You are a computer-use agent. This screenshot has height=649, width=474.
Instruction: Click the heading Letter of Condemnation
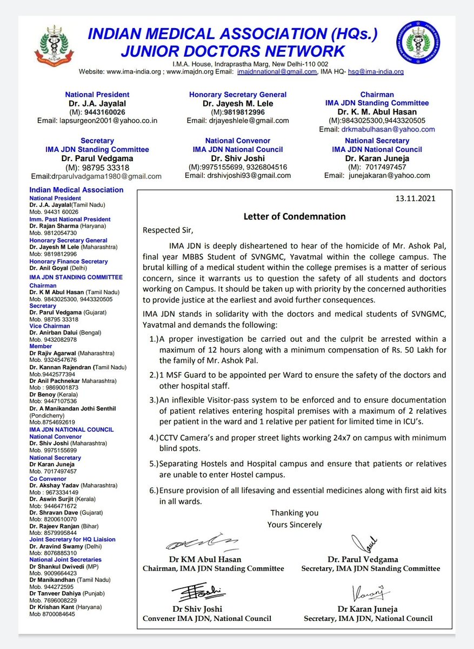[x=294, y=216]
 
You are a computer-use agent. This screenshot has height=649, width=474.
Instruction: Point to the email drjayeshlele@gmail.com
[x=238, y=121]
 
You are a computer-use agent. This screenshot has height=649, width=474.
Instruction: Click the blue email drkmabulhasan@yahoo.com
[x=377, y=129]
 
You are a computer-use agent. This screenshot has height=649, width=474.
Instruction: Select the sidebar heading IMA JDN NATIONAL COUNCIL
[x=71, y=429]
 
